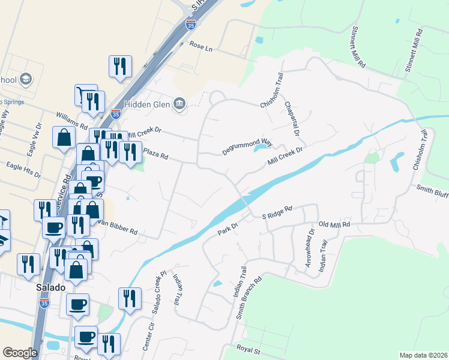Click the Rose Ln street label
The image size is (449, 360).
[x=201, y=45]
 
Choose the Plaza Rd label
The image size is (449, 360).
[x=155, y=155]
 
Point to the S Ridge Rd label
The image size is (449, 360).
[x=277, y=212]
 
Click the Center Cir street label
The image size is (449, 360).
[x=148, y=336]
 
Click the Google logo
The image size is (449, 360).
[x=20, y=353]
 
